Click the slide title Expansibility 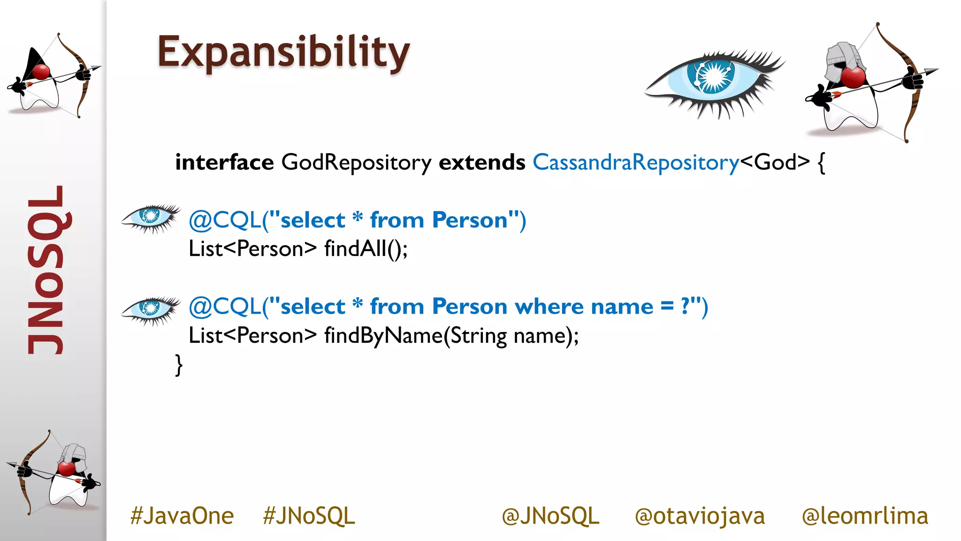coord(283,53)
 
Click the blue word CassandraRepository coord(635,162)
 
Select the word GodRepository coord(356,162)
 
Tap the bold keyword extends coord(481,162)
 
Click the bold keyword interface coord(224,162)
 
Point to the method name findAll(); coord(366,249)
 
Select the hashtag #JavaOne coord(182,516)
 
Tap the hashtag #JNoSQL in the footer coord(309,516)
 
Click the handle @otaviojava coord(699,516)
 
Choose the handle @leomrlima coord(864,516)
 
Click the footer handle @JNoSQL coord(550,516)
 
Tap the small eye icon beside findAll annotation coord(150,218)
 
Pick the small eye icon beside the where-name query coord(150,310)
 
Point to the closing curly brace coord(178,365)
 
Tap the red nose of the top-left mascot coord(41,72)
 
